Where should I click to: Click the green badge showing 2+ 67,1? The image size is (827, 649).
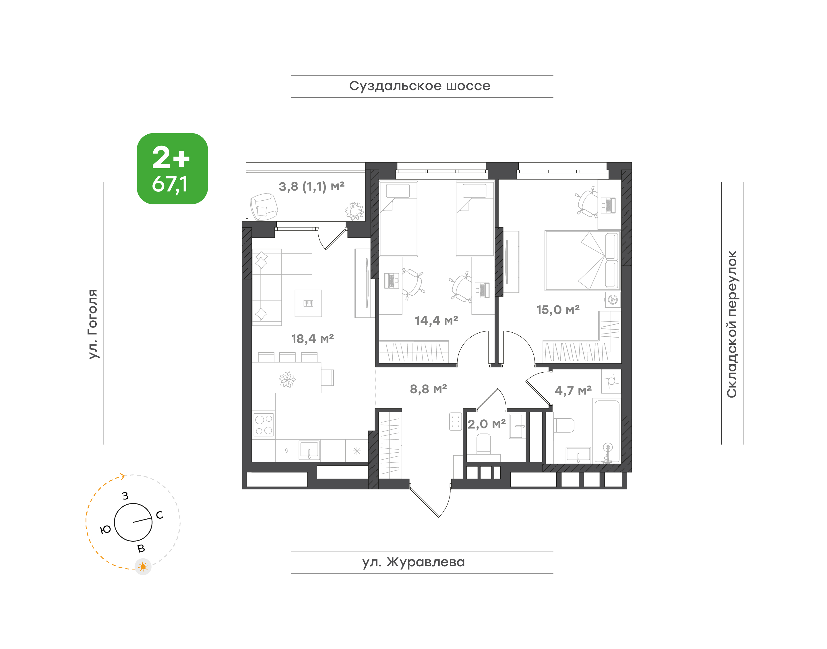[172, 169]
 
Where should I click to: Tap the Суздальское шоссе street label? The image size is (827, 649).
[420, 86]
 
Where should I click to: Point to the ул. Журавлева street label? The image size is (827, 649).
[413, 562]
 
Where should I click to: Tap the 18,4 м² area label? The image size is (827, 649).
[312, 338]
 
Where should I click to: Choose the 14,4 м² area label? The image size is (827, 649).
[436, 320]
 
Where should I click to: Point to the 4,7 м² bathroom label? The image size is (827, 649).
[573, 390]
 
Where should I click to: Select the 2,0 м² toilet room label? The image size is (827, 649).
[487, 424]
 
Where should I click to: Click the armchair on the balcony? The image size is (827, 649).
[264, 207]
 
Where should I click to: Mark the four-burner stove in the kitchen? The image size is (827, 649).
[264, 425]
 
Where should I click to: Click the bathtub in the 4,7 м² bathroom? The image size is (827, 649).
[607, 431]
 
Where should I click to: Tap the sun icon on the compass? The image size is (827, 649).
[143, 567]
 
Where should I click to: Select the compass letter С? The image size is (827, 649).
[160, 515]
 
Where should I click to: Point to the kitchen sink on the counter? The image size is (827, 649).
[309, 450]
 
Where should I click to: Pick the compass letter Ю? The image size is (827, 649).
[105, 530]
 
